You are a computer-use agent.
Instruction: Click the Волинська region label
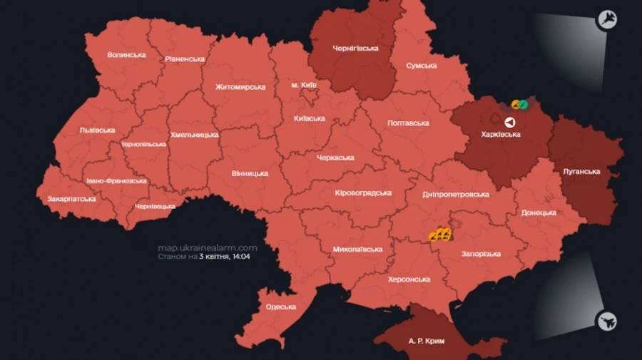(126, 55)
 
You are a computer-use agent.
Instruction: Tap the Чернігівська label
(355, 48)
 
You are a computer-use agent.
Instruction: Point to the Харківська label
(501, 134)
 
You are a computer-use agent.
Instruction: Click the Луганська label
(581, 172)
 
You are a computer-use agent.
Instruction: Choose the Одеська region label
(280, 307)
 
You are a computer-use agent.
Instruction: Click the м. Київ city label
(304, 85)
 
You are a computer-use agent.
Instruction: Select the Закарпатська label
(71, 198)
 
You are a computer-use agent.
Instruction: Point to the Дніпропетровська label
(457, 194)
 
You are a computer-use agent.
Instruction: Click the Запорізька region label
(481, 254)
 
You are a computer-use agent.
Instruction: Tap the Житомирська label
(240, 87)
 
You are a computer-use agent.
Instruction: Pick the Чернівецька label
(155, 206)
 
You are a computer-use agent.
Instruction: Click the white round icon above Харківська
(509, 122)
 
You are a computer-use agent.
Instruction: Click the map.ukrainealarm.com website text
(207, 247)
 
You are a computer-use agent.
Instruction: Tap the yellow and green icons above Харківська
(519, 105)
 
